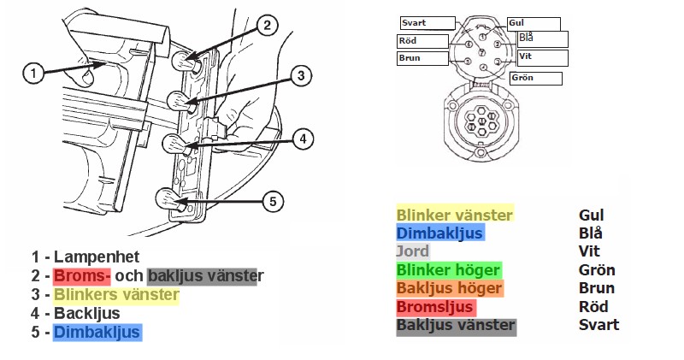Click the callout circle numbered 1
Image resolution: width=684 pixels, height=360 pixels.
tap(32, 74)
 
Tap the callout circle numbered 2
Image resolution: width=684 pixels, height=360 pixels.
tap(267, 26)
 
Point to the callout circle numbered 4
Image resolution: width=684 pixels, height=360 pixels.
tap(302, 137)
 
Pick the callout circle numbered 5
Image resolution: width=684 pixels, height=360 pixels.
tap(272, 202)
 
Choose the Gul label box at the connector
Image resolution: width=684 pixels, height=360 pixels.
tap(534, 24)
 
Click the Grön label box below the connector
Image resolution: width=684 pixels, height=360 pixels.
tap(535, 79)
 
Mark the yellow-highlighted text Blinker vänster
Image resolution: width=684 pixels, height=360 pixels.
tap(454, 215)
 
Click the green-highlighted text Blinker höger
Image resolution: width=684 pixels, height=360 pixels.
tap(448, 270)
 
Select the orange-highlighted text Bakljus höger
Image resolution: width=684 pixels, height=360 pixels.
tap(449, 288)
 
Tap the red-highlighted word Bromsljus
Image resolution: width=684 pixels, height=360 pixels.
tap(435, 306)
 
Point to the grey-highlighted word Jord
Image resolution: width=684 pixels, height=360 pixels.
tap(412, 251)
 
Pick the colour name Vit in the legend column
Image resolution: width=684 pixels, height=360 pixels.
tap(589, 251)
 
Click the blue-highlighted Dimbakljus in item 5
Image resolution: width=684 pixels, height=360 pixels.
tap(97, 332)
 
